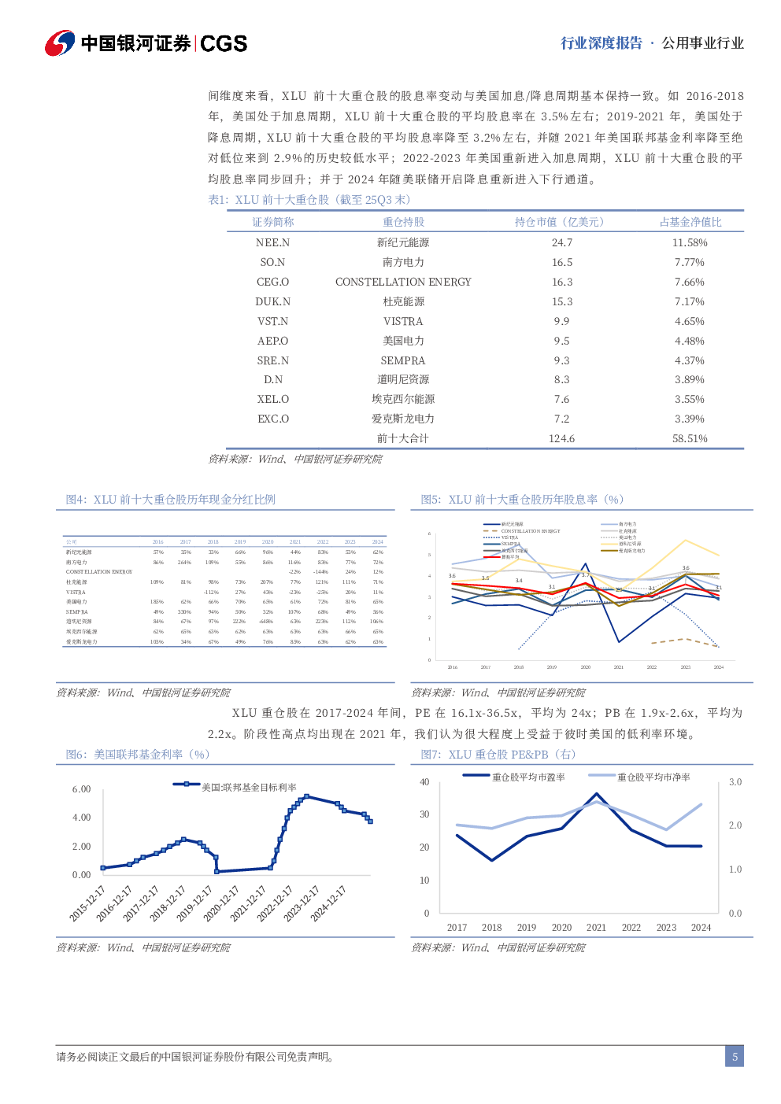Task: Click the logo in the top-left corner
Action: coord(59,43)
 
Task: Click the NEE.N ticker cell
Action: coord(272,243)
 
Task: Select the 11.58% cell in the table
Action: coord(690,243)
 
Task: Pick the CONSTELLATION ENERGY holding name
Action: coord(403,282)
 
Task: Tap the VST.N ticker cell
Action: coord(272,321)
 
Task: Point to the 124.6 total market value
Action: coord(561,438)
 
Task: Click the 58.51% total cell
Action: coord(690,438)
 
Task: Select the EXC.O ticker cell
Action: coord(272,419)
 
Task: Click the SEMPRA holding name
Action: coord(403,360)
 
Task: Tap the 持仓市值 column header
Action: coord(559,222)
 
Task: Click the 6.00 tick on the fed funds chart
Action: coord(81,789)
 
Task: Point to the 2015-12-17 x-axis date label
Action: coord(87,903)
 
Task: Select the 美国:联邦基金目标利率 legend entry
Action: coord(248,787)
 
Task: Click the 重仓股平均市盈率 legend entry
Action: coord(528,777)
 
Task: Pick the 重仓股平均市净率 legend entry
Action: coord(653,777)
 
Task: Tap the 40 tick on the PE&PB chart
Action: coord(424,782)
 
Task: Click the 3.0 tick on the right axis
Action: coord(735,782)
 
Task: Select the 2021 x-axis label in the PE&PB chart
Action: coord(596,928)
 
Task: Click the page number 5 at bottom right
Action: coord(735,1057)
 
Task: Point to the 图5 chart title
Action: coord(522,500)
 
